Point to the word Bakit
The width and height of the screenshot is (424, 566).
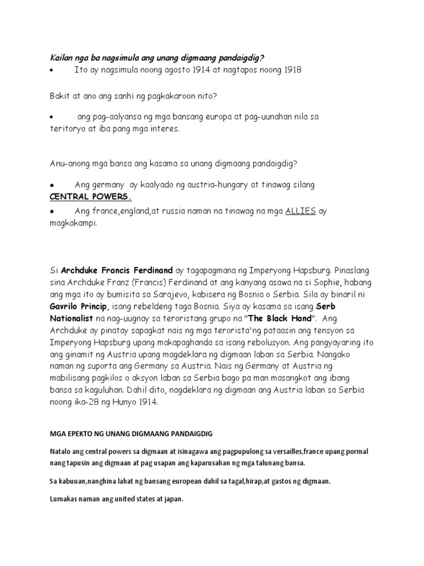click(60, 96)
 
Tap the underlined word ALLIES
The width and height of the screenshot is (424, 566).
click(300, 212)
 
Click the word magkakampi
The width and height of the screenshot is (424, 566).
click(74, 224)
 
